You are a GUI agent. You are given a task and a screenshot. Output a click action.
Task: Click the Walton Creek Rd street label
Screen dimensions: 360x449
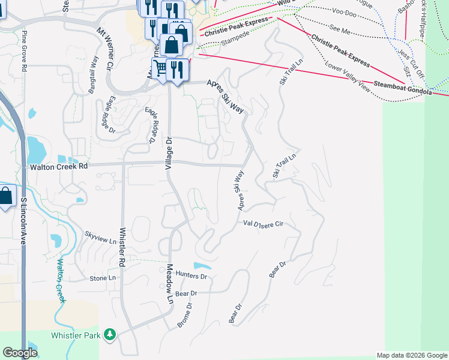(59, 167)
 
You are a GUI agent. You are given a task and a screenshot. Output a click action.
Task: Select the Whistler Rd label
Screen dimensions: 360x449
(122, 247)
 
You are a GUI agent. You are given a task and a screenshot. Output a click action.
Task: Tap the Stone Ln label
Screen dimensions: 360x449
(103, 278)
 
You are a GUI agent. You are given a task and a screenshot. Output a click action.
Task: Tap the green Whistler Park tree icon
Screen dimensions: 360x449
(109, 334)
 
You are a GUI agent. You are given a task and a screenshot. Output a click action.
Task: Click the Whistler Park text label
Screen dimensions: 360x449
(75, 335)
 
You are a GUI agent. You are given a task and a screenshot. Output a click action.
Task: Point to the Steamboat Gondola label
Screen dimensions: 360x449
(402, 88)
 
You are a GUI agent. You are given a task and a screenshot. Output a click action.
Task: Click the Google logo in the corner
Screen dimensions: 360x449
(20, 353)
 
